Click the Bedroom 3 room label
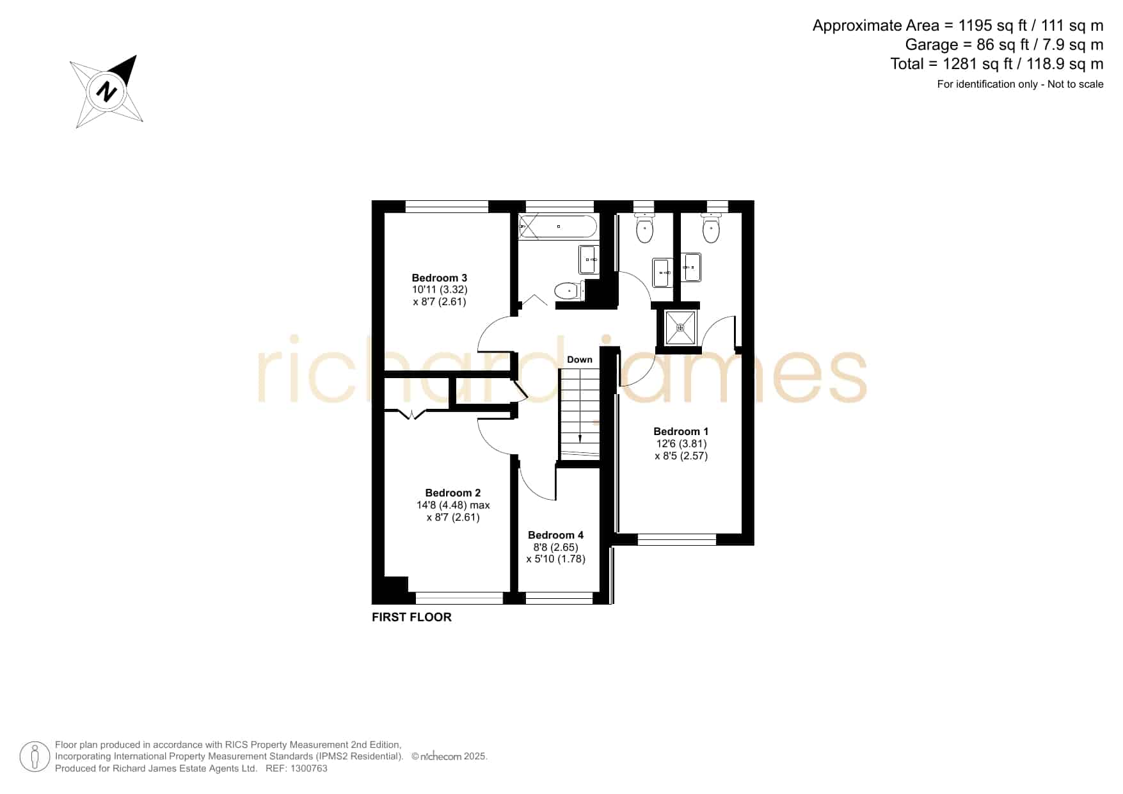(x=440, y=278)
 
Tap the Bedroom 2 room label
(x=453, y=493)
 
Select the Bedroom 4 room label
(x=555, y=535)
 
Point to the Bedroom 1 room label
(x=681, y=431)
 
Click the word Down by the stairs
(x=580, y=360)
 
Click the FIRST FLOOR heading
(x=411, y=617)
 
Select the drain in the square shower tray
(x=680, y=328)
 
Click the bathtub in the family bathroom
(x=558, y=226)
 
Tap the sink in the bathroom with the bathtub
(x=589, y=259)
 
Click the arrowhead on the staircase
(x=580, y=439)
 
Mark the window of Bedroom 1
(x=677, y=539)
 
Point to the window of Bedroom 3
(x=447, y=206)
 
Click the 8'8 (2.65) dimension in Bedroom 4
(x=555, y=547)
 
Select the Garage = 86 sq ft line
(x=1004, y=45)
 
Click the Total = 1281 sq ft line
(x=997, y=64)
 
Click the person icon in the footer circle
(x=35, y=757)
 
